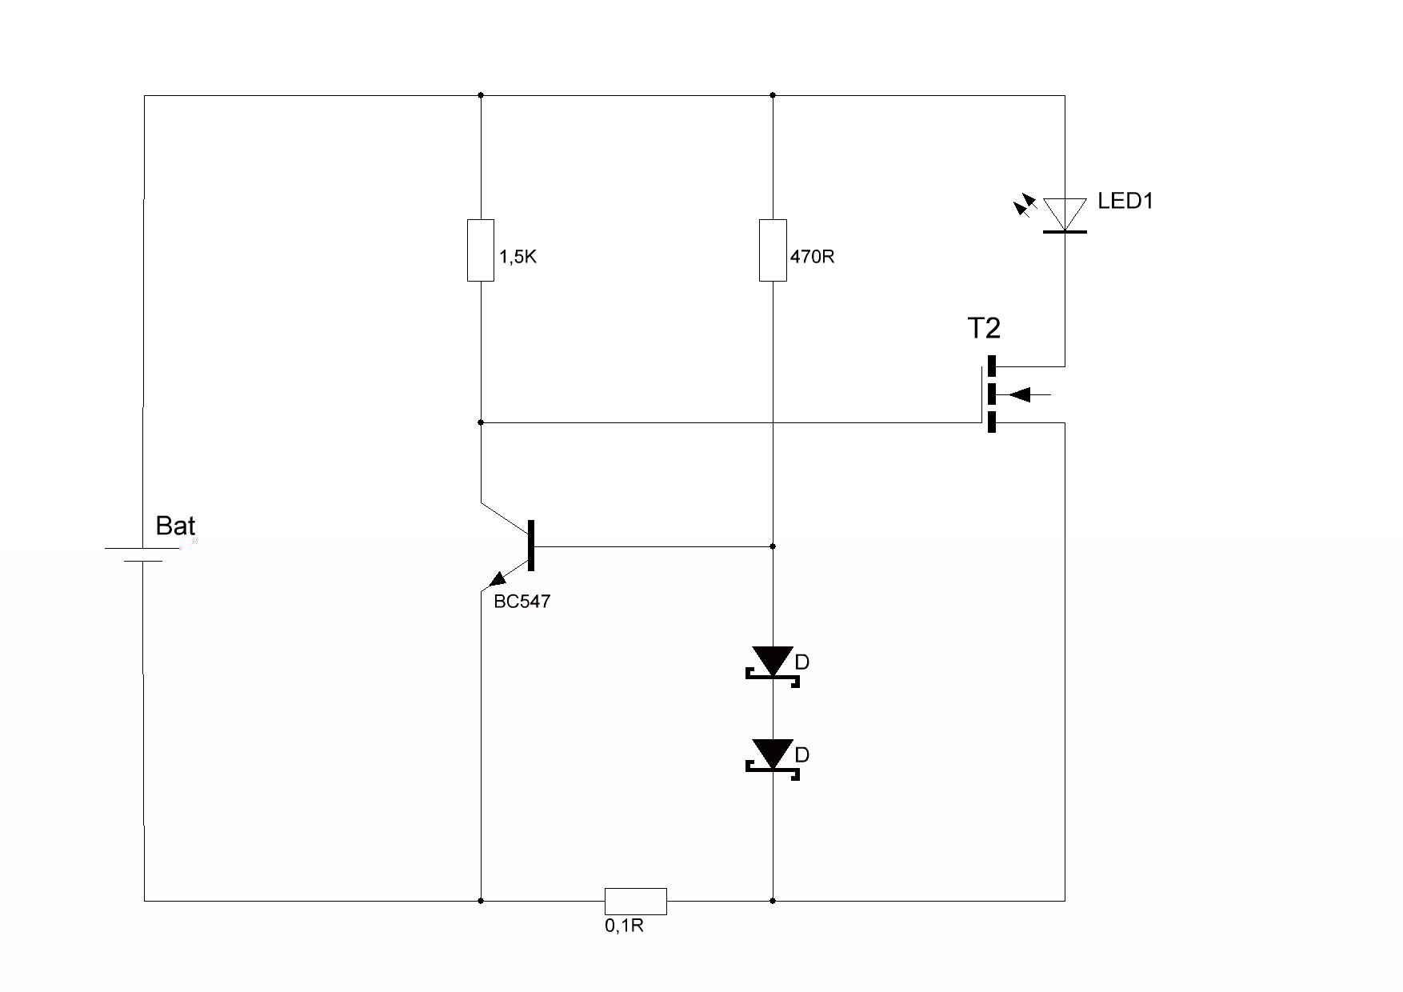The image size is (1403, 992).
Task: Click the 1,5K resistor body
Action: tap(481, 250)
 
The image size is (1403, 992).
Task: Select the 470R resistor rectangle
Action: tap(773, 250)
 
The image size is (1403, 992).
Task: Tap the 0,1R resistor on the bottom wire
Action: tap(635, 901)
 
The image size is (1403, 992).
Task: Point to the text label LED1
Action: tap(1125, 201)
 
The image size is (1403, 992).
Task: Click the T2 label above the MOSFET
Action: tap(984, 328)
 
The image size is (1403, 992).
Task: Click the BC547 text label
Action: tap(522, 602)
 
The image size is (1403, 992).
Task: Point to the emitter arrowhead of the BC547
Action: tap(498, 578)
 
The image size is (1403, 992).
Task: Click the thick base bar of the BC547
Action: tap(531, 546)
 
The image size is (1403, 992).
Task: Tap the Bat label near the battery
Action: tap(175, 526)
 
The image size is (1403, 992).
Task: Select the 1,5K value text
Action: tap(518, 257)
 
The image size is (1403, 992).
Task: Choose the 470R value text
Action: tap(812, 257)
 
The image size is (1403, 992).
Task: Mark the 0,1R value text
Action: tap(624, 926)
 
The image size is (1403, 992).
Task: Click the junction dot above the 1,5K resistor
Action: tap(481, 95)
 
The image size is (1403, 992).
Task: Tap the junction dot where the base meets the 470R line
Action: tap(773, 546)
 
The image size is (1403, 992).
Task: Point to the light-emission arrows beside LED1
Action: tap(1024, 206)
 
